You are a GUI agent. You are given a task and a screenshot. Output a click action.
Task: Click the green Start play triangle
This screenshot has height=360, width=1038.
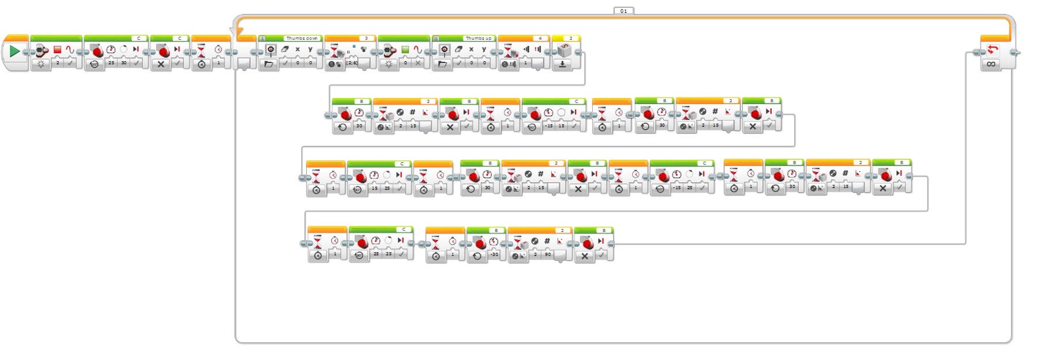coord(14,51)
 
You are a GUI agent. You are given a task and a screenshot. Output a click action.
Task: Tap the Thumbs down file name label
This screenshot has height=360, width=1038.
coord(302,38)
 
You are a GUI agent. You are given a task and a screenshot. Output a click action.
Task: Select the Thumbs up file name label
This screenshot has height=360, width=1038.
coord(478,38)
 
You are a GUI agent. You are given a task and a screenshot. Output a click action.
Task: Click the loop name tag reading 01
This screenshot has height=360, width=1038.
coord(623,11)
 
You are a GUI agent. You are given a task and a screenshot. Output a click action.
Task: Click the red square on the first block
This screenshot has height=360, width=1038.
coord(57,50)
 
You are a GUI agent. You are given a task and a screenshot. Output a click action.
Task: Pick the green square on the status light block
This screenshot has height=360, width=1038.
coord(405,50)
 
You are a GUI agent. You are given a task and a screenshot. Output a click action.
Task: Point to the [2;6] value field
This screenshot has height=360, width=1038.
coord(351,63)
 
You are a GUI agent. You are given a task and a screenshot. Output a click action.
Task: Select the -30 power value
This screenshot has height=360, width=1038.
coord(494,254)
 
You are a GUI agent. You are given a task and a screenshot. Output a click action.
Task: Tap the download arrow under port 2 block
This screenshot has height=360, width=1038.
coord(562,64)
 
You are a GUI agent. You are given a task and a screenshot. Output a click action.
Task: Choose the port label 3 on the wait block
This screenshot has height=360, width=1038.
coord(366,38)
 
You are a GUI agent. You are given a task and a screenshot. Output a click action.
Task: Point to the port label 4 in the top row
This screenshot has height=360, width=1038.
coord(540,38)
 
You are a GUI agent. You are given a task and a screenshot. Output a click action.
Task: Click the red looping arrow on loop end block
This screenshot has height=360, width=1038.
coord(992,50)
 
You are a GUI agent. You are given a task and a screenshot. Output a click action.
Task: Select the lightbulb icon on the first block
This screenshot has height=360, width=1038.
coord(41,64)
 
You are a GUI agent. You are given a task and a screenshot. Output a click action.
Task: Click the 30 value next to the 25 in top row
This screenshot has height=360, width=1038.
coord(123,63)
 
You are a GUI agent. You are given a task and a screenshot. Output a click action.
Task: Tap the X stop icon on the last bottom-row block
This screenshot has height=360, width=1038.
coord(585,256)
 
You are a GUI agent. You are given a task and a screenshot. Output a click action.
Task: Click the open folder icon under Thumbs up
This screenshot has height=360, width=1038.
coord(442,64)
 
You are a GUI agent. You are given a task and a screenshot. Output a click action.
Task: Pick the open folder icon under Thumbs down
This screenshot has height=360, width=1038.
coord(269,64)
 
